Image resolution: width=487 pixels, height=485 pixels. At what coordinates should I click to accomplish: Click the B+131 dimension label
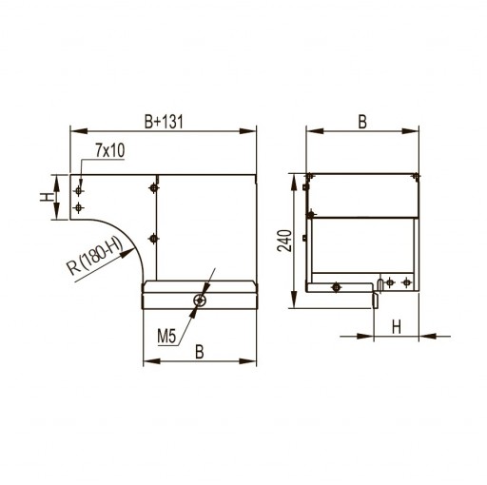[164, 122]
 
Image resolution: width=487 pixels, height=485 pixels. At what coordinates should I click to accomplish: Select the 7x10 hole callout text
[110, 150]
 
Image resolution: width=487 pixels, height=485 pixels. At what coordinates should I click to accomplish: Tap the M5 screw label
[166, 336]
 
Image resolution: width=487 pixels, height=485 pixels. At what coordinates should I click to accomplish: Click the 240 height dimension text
[284, 241]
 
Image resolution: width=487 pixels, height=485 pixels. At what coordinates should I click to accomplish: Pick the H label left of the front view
[47, 197]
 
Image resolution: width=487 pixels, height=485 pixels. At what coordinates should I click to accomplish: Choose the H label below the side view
[397, 327]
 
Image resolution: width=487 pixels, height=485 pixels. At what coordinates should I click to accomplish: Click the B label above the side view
[362, 122]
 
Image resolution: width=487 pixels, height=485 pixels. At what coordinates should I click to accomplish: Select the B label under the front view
[200, 352]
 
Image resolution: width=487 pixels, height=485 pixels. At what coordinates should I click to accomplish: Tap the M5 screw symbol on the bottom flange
[200, 300]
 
